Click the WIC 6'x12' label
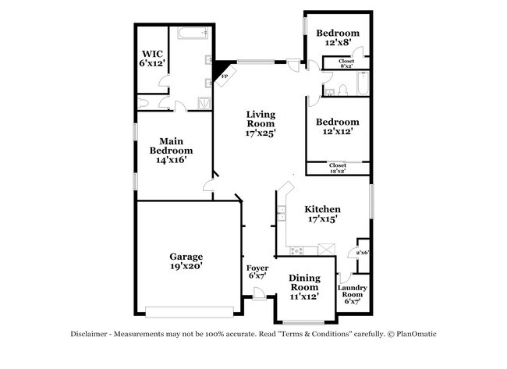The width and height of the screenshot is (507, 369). (x=152, y=59)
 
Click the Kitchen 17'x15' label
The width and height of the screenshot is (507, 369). (x=322, y=215)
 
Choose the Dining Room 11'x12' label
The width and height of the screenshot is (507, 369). (x=304, y=287)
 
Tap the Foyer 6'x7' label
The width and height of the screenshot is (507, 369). (x=257, y=272)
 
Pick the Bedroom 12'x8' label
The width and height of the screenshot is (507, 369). (x=338, y=38)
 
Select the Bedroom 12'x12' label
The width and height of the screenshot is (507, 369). (x=338, y=127)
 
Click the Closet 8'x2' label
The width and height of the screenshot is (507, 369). (x=346, y=63)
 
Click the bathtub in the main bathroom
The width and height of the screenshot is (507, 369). (x=192, y=34)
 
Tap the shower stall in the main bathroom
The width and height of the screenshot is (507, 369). (x=204, y=102)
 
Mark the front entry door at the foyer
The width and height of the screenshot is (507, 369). (x=258, y=295)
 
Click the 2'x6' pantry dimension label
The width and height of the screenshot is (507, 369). (x=362, y=253)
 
